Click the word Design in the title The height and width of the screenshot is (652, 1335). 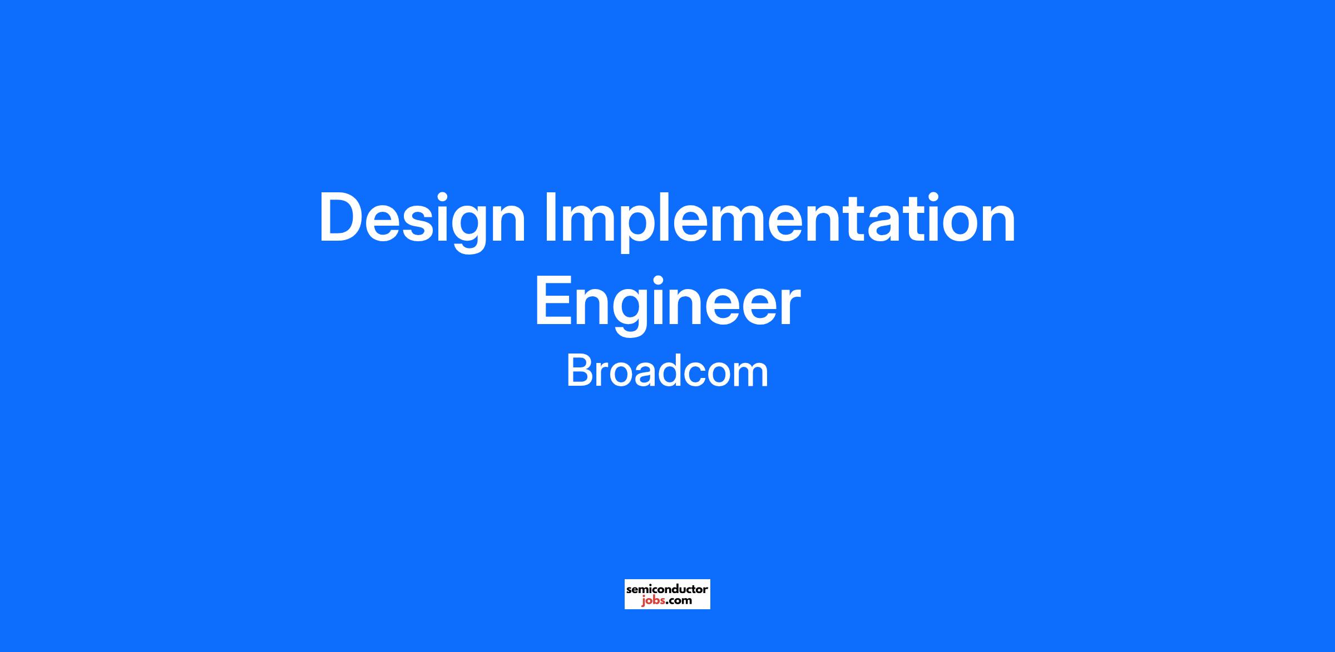tap(422, 221)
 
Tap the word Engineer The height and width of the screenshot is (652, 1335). tap(667, 305)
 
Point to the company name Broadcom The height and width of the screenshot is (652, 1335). tap(667, 371)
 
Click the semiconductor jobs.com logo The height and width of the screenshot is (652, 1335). tap(667, 594)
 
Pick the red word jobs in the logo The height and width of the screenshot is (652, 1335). tap(652, 600)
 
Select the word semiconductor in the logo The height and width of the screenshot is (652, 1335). tap(667, 588)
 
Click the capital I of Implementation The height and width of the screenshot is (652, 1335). tap(550, 217)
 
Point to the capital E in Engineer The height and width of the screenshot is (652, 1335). tap(553, 301)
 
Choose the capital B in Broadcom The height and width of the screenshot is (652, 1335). tap(580, 370)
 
